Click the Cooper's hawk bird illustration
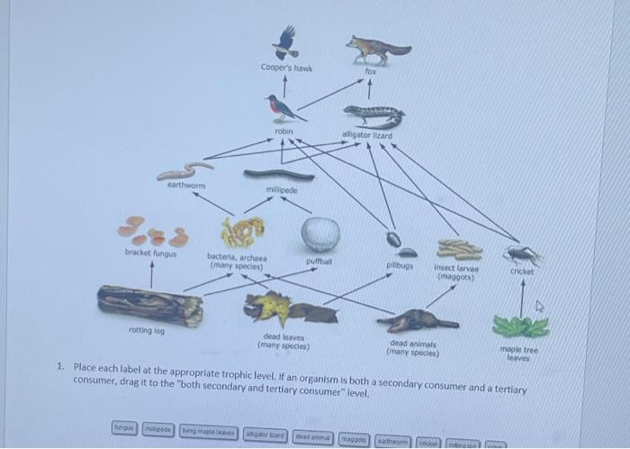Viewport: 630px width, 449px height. pos(286,41)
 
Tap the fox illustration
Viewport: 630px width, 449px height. pos(378,49)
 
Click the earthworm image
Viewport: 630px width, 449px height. pos(184,170)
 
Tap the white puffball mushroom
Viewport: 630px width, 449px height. pos(319,234)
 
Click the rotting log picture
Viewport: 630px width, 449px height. pos(150,305)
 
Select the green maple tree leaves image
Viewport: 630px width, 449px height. pos(521,325)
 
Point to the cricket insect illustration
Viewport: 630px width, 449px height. pos(522,254)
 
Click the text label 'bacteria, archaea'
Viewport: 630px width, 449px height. pos(237,256)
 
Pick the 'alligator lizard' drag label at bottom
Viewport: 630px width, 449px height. pos(266,434)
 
